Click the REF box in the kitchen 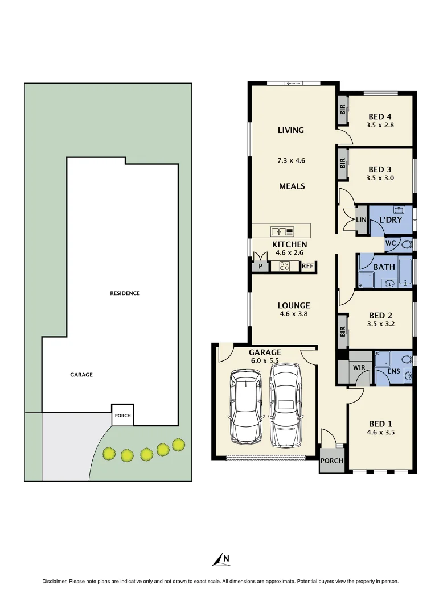307,266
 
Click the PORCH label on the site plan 122,416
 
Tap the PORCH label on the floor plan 332,460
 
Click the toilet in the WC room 406,244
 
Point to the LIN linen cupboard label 360,219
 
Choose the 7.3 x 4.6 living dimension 291,160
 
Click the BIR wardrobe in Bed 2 343,331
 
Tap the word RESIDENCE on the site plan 125,293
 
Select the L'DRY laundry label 391,220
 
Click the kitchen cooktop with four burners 285,265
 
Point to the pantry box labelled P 260,266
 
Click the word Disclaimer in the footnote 55,582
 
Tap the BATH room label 384,267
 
